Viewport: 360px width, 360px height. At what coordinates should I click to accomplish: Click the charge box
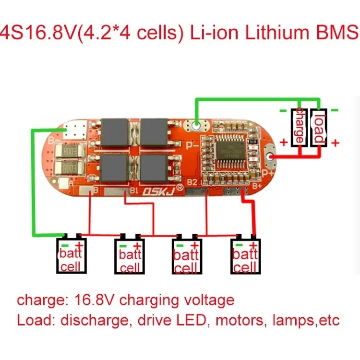point(299,126)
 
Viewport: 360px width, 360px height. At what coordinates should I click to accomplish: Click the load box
point(319,126)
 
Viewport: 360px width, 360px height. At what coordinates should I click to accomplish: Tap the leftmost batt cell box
point(72,256)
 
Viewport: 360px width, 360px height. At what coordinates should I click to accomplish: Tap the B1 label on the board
point(135,191)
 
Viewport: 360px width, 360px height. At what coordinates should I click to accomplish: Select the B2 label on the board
point(192,183)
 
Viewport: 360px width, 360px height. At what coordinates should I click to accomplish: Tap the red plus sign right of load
point(336,143)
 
